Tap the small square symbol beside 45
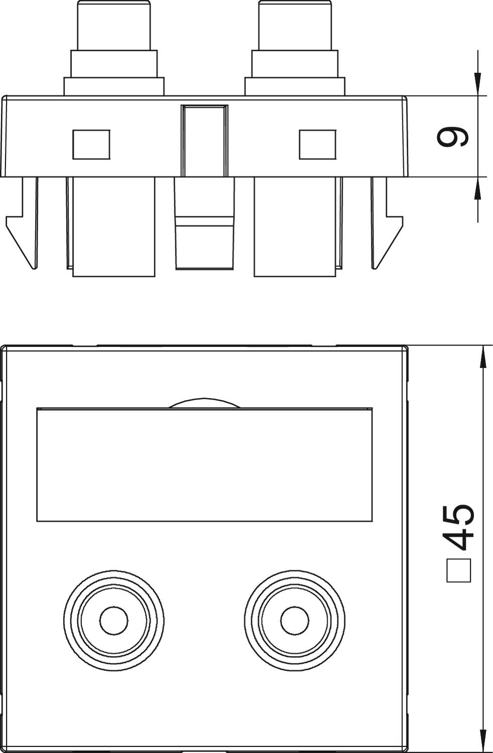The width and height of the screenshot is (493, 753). (x=458, y=571)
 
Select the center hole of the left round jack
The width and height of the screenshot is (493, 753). (x=114, y=620)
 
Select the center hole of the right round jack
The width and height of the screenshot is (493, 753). (x=295, y=620)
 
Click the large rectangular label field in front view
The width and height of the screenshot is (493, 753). (x=204, y=464)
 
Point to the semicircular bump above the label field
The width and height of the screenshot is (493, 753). (x=204, y=403)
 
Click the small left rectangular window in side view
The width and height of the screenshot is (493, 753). (x=91, y=145)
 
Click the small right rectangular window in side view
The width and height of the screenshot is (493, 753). (x=318, y=145)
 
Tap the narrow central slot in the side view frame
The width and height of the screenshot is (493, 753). (x=204, y=141)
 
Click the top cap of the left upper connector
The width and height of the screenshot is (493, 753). (x=114, y=25)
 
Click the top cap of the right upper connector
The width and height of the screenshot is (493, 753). (x=295, y=25)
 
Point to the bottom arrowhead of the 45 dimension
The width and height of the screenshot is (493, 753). (x=483, y=740)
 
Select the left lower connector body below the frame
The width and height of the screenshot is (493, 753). (x=114, y=226)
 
